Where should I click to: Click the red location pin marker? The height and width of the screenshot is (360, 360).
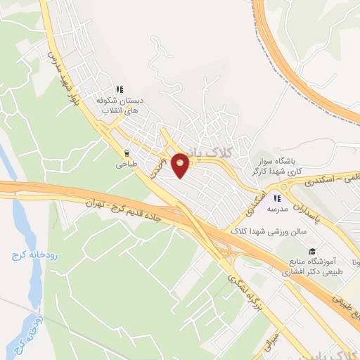[181, 165]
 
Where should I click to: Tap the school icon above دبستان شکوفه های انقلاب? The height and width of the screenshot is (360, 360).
[120, 90]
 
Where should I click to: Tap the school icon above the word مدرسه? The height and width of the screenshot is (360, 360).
[276, 198]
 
